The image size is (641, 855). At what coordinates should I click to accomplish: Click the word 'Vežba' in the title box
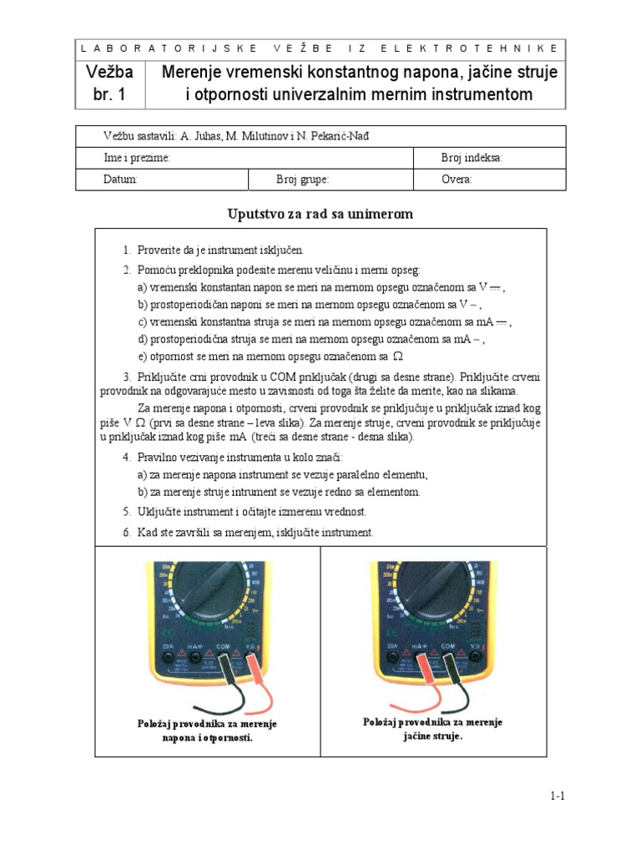pyautogui.click(x=110, y=73)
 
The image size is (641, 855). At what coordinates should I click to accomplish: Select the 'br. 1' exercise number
pyautogui.click(x=110, y=94)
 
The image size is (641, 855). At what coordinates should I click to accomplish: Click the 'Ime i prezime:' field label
pyautogui.click(x=137, y=158)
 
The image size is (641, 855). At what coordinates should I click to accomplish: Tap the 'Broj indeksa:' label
pyautogui.click(x=472, y=158)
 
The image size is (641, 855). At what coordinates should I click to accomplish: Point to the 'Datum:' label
pyautogui.click(x=120, y=180)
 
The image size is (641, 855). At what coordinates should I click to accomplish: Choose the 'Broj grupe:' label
pyautogui.click(x=302, y=180)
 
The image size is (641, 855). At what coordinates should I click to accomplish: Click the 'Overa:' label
pyautogui.click(x=457, y=180)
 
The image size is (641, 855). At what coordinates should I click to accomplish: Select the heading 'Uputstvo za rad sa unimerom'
pyautogui.click(x=320, y=215)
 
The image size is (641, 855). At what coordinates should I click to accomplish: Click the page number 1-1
pyautogui.click(x=558, y=797)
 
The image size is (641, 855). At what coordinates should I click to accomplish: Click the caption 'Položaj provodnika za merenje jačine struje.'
pyautogui.click(x=432, y=729)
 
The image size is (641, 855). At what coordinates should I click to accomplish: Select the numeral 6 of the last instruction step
pyautogui.click(x=126, y=533)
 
